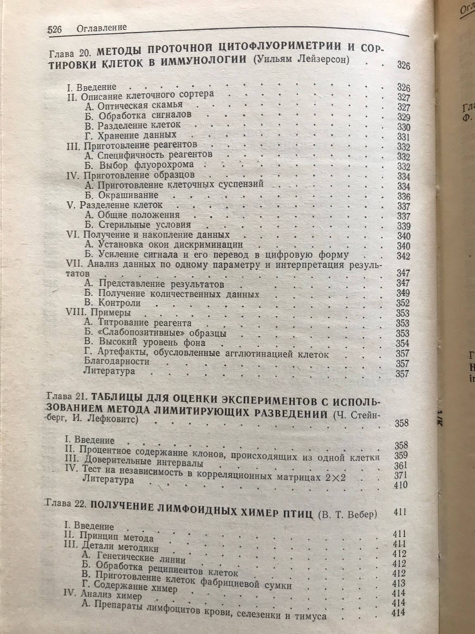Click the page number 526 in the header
54,29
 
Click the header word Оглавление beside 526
101,28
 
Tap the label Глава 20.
70,53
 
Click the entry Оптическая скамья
134,105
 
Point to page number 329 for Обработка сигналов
403,117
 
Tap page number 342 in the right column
403,256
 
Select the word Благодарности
116,361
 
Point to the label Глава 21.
67,396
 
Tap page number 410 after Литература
401,485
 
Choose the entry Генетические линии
133,557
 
